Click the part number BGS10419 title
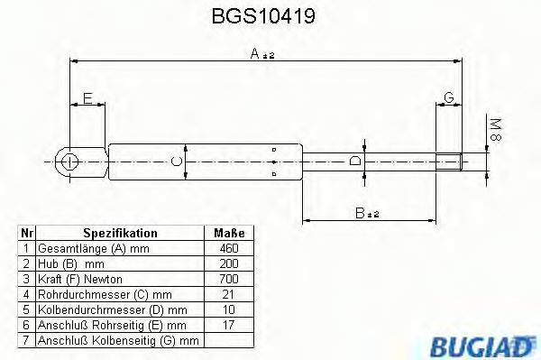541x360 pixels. [263, 16]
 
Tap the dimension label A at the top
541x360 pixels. [255, 53]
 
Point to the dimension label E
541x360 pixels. [88, 98]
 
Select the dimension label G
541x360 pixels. [449, 97]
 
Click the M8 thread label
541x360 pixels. [495, 129]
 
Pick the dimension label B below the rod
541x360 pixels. [360, 213]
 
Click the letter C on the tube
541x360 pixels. [177, 162]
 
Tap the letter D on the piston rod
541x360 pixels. [355, 161]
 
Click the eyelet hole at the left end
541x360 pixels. [69, 162]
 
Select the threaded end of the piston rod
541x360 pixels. [449, 162]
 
